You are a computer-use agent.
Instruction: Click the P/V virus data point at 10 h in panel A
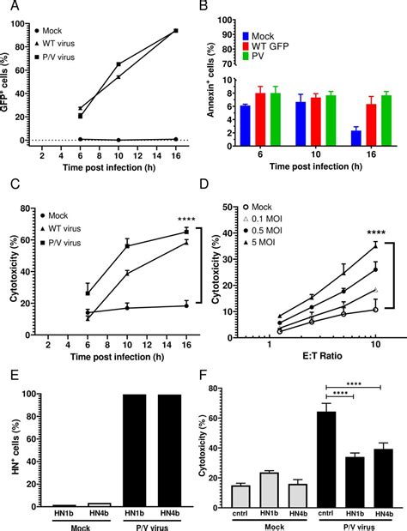[118, 64]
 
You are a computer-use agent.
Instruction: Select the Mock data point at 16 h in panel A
[176, 138]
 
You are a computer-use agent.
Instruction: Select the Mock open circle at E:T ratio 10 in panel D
[375, 310]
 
